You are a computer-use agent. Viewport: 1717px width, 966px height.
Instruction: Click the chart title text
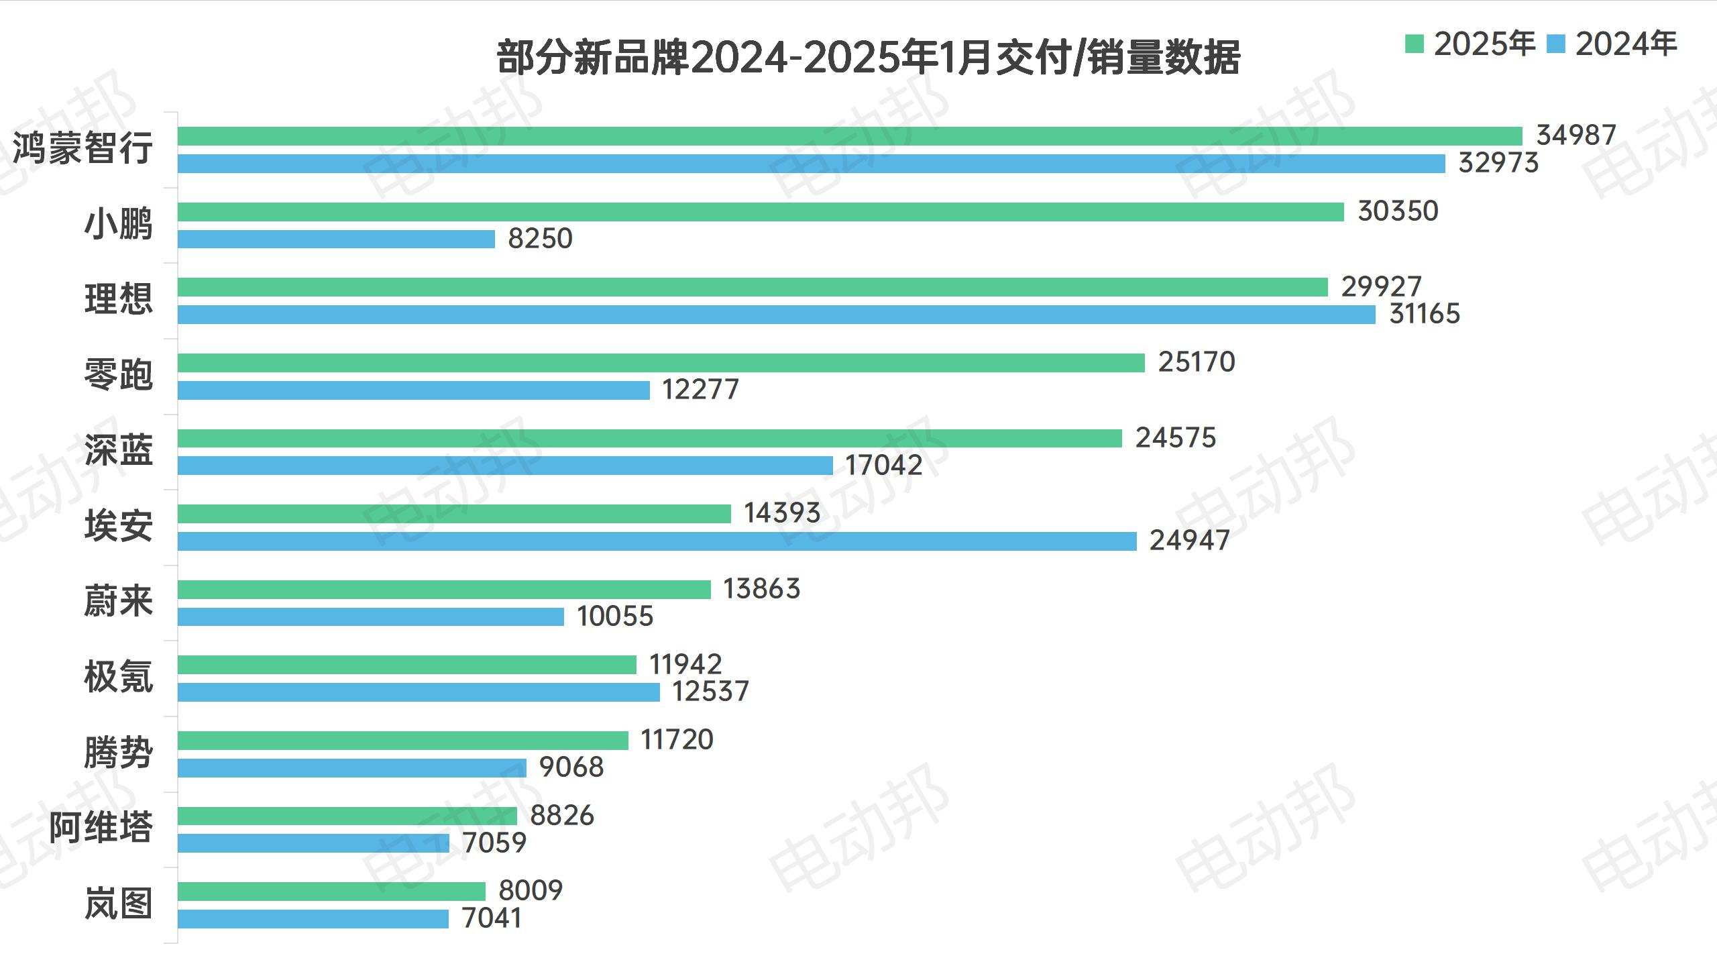[x=868, y=58]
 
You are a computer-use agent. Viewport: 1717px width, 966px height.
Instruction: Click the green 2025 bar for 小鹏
[x=761, y=212]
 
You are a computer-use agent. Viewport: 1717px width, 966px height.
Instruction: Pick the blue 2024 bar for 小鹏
[x=336, y=239]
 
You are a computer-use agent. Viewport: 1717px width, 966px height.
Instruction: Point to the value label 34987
[x=1576, y=136]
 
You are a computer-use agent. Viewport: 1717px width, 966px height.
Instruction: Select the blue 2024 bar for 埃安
[x=657, y=541]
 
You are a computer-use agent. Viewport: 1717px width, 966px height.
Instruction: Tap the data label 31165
[x=1424, y=314]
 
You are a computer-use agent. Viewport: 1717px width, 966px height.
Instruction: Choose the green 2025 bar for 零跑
[x=661, y=363]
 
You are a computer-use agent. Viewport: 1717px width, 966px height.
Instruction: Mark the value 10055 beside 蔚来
[x=615, y=616]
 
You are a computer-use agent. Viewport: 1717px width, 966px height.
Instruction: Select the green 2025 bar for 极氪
[x=406, y=665]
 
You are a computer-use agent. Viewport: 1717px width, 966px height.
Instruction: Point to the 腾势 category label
[x=119, y=753]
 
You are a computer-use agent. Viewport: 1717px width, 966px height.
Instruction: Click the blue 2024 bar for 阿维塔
[x=313, y=843]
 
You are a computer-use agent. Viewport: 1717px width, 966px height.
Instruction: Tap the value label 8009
[x=531, y=891]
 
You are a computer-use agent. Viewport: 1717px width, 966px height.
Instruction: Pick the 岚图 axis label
[x=119, y=904]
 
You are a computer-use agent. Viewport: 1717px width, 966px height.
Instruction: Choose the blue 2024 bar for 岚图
[x=313, y=919]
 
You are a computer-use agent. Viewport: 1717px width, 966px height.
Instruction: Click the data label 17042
[x=883, y=466]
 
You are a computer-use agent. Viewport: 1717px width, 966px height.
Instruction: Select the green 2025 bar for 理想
[x=753, y=287]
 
